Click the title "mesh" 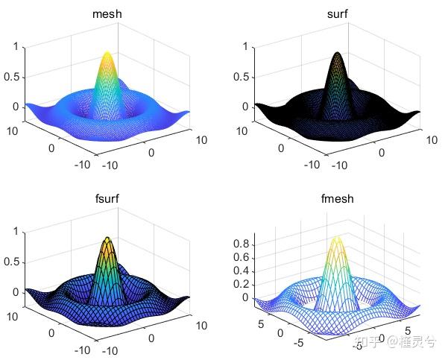(108, 15)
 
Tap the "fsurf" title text (108, 200)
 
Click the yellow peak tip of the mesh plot (107, 54)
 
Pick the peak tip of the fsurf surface (108, 239)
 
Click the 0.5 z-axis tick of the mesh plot (11, 77)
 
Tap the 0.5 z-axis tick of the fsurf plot (11, 262)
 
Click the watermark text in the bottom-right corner (395, 342)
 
